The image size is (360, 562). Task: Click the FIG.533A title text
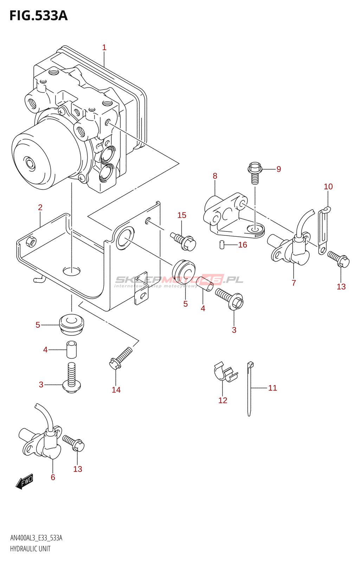(38, 16)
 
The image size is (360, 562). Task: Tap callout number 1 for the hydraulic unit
(104, 47)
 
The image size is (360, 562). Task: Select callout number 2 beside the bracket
(40, 208)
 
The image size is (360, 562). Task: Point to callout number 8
(215, 176)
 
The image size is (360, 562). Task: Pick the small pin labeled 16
(222, 244)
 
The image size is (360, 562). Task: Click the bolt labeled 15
(184, 241)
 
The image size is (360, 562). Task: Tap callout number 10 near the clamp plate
(328, 187)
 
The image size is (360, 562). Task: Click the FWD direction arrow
(25, 482)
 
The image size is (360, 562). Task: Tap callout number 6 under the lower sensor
(53, 477)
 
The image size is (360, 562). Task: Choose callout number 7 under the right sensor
(294, 283)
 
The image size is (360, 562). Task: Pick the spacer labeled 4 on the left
(71, 349)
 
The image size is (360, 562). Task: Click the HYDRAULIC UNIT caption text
(30, 549)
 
